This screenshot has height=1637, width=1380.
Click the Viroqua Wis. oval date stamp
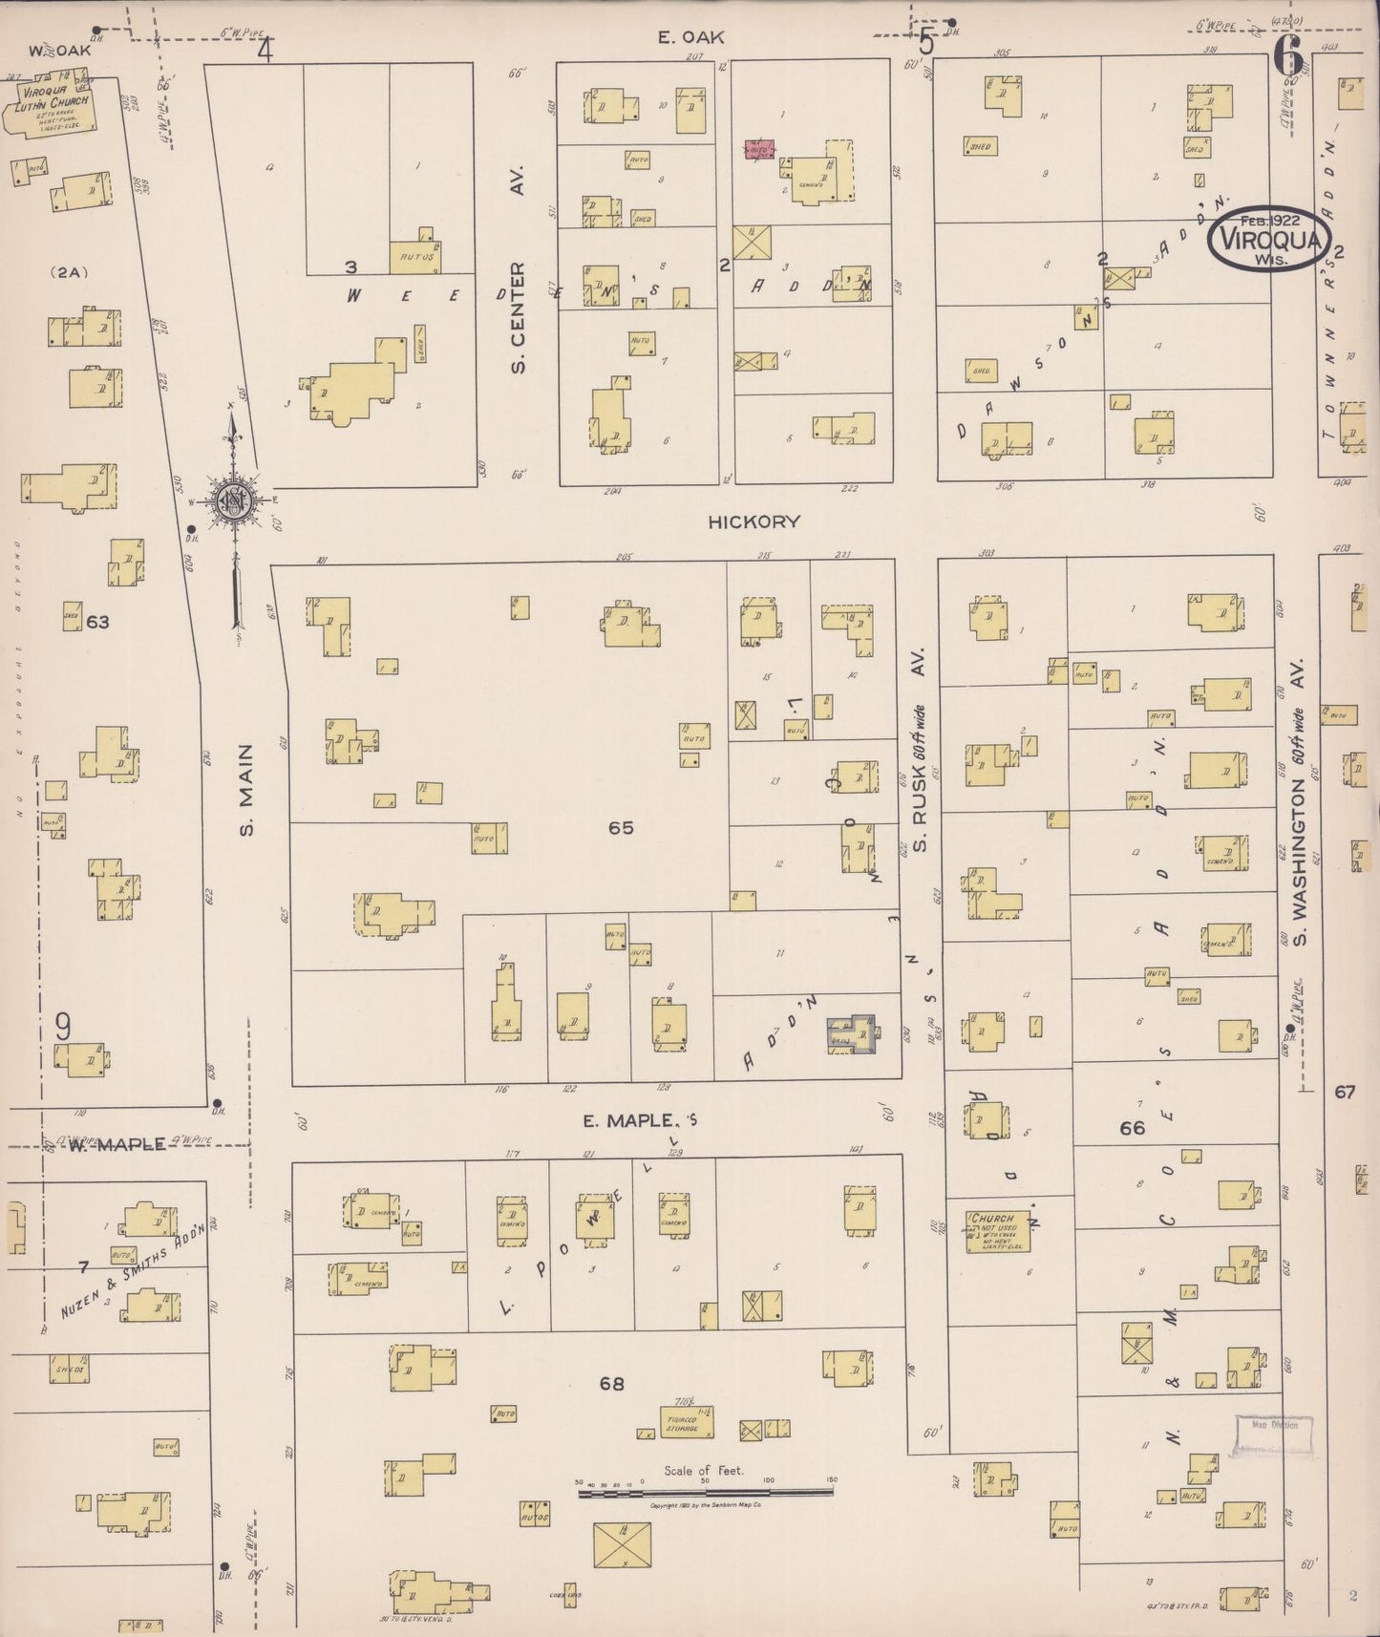(1268, 239)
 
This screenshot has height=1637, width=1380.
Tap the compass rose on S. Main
(233, 499)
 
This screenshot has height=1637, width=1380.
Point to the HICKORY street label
(754, 521)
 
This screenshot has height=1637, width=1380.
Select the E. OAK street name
(690, 37)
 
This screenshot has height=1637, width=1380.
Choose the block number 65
(621, 827)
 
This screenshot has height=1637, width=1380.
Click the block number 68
(611, 1383)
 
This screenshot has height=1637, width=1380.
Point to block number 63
(97, 622)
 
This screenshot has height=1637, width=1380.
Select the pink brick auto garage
(759, 150)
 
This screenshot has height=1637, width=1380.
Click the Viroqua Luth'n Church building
(53, 112)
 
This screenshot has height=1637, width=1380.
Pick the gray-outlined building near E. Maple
(853, 1034)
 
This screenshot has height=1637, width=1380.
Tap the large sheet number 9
(63, 1028)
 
